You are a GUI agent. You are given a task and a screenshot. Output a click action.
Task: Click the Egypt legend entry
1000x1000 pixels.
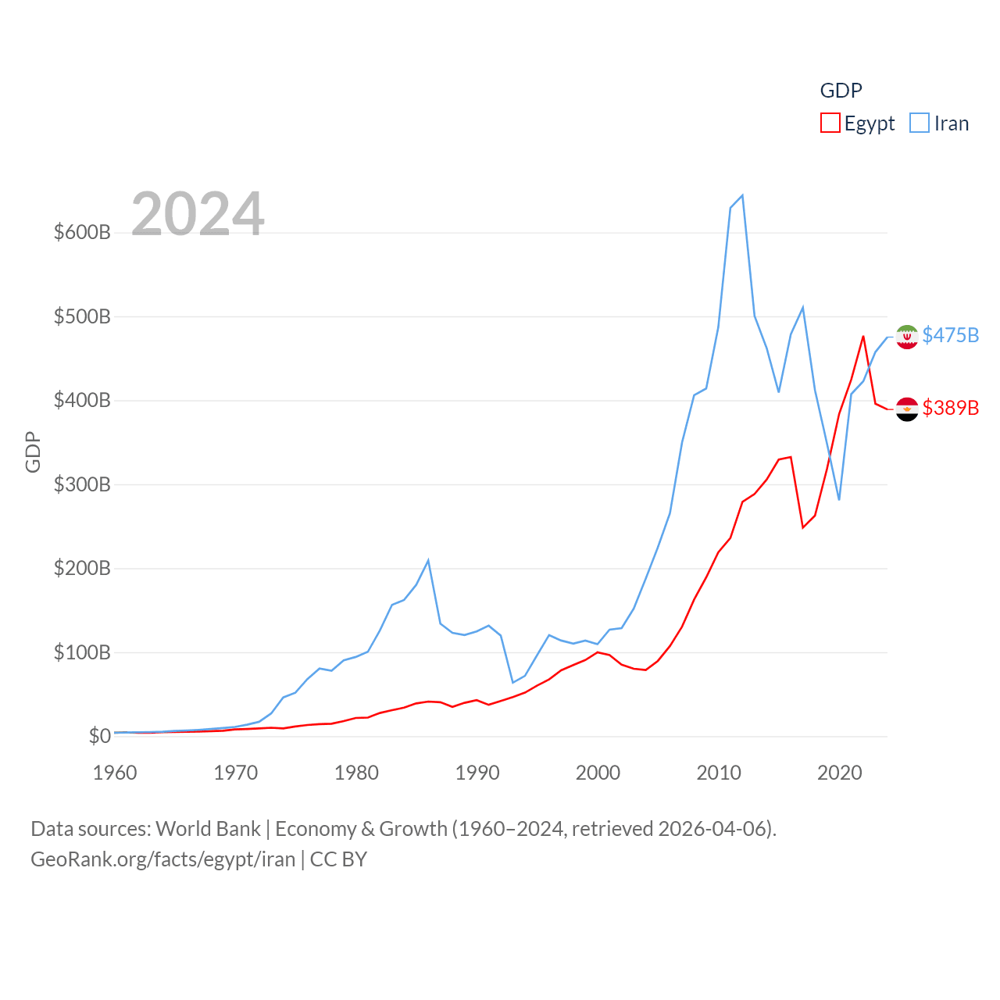point(858,123)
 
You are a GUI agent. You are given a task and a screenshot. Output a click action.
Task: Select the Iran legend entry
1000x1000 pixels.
point(940,123)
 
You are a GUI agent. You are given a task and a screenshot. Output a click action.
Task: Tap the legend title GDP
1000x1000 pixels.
point(841,91)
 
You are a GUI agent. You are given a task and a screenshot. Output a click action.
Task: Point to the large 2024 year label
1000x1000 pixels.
point(198,214)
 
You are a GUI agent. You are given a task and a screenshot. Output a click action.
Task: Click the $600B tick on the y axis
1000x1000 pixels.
point(82,233)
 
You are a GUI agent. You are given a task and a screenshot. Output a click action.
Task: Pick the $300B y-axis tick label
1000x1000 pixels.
point(82,484)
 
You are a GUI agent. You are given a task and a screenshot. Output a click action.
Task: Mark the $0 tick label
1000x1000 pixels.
point(99,736)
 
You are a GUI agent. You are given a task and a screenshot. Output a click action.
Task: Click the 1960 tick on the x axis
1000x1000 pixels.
point(115,773)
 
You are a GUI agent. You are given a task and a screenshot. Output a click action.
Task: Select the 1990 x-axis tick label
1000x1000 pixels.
point(477,773)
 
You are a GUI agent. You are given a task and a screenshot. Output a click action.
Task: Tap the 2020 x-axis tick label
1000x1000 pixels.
point(840,773)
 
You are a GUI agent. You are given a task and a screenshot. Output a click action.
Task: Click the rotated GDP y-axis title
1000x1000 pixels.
point(33,452)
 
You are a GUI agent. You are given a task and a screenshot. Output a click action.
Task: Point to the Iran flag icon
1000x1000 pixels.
point(907,337)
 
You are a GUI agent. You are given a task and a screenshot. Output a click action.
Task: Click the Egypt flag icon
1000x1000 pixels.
point(907,409)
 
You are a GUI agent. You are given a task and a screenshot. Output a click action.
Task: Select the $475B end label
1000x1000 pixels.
point(950,335)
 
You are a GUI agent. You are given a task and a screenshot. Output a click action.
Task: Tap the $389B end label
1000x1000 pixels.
point(950,408)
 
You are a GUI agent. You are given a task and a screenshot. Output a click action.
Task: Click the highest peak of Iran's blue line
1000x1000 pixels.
point(742,195)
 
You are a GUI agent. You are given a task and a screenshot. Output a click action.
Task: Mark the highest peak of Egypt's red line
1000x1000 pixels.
point(863,337)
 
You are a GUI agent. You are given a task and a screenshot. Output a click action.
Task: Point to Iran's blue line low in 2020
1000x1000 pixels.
point(839,499)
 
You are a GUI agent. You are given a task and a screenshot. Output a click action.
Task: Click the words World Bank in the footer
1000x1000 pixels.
point(208,828)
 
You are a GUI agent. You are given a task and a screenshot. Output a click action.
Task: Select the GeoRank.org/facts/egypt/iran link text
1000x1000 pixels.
point(162,859)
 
